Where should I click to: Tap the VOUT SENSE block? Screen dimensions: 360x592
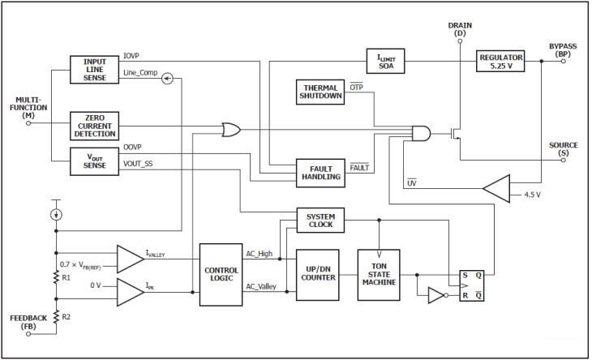[94, 161]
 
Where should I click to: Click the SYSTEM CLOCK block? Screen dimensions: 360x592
[320, 220]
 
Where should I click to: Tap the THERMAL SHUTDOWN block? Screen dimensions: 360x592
[320, 91]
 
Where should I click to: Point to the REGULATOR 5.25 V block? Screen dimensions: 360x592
[501, 59]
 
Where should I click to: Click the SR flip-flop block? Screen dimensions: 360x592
[471, 285]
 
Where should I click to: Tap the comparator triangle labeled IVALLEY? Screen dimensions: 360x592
[130, 258]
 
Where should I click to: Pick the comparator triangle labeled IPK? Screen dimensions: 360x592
[130, 288]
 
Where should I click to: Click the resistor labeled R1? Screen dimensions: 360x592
[56, 276]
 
